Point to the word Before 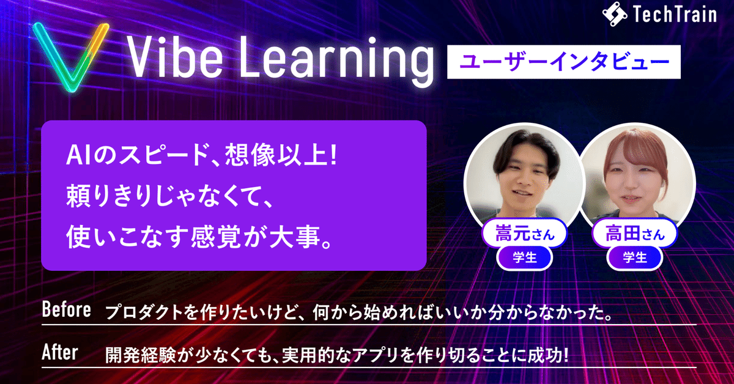tap(66, 311)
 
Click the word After tap(59, 353)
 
